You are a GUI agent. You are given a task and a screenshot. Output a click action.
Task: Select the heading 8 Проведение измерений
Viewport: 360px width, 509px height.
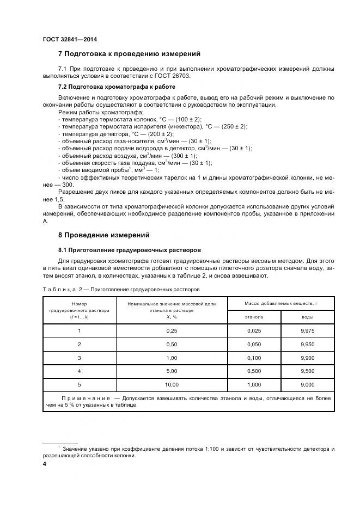click(103, 235)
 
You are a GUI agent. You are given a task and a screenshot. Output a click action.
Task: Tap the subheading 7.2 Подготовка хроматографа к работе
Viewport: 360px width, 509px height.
click(117, 87)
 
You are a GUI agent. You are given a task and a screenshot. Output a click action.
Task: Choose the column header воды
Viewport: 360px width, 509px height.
click(307, 316)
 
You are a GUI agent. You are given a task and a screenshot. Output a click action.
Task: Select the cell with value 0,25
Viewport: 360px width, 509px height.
click(172, 330)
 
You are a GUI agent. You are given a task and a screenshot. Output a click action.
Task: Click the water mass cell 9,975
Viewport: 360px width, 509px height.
click(307, 330)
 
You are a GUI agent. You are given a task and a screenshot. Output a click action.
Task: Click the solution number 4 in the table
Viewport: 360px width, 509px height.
click(79, 371)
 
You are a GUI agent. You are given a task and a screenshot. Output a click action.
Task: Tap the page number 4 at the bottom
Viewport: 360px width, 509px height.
click(45, 464)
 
